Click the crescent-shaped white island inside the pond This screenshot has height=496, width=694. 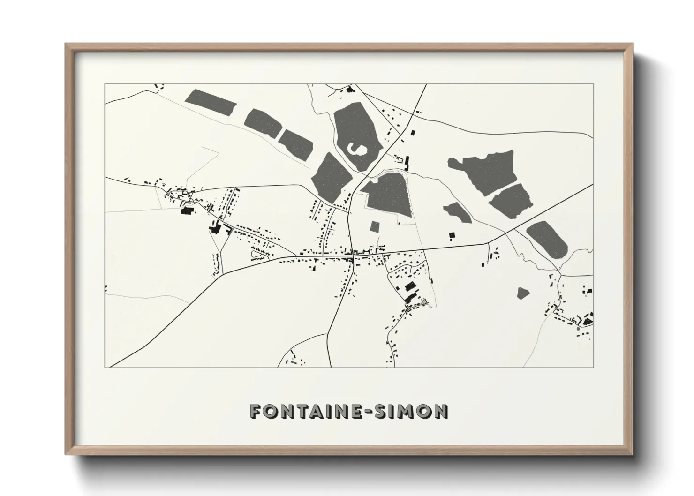click(356, 150)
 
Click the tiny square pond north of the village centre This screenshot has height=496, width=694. click(374, 226)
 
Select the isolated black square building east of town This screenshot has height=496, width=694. click(452, 235)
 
